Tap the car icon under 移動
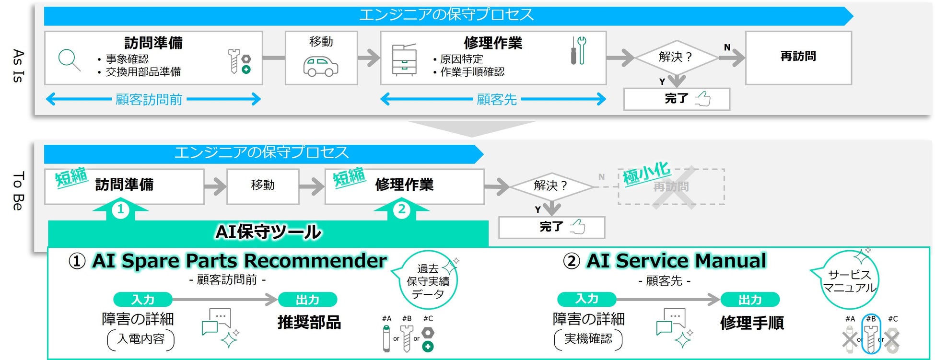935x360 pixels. coord(321,67)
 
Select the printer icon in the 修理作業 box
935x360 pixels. coord(404,60)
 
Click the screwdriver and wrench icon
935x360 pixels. coord(578,50)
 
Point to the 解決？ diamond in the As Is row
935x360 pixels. coord(676,57)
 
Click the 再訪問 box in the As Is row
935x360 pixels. coord(798,58)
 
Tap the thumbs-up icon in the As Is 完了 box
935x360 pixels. coord(703,99)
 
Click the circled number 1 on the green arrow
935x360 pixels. coord(120,209)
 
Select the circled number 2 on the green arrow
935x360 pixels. coord(402,209)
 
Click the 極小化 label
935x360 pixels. coord(646,173)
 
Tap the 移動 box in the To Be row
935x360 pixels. coord(263,186)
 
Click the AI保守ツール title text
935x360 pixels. coord(269,232)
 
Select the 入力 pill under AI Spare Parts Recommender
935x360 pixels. coord(143,300)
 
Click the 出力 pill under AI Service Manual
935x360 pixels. coord(750,300)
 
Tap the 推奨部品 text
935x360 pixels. coord(309,322)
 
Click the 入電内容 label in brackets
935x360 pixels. coord(141,339)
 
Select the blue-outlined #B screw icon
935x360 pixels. coord(871,334)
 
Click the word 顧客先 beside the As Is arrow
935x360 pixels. coord(497,100)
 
